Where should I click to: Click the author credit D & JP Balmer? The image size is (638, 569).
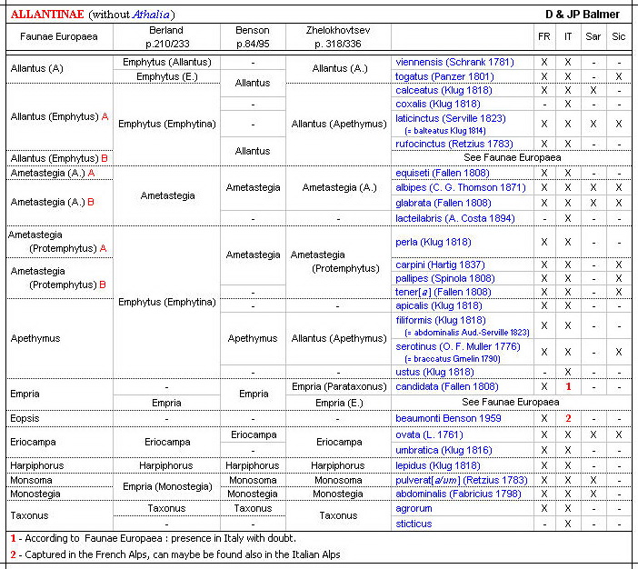pyautogui.click(x=583, y=14)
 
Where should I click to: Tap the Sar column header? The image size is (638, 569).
pyautogui.click(x=593, y=36)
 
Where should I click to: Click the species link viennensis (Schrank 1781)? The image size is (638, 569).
pyautogui.click(x=454, y=62)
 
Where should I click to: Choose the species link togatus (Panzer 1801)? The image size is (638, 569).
pyautogui.click(x=444, y=76)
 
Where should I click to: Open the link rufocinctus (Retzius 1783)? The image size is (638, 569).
pyautogui.click(x=455, y=144)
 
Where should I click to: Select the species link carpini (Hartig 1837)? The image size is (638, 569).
pyautogui.click(x=440, y=265)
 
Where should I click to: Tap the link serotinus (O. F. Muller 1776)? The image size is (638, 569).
pyautogui.click(x=459, y=346)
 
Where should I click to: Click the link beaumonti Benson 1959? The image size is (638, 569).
pyautogui.click(x=449, y=418)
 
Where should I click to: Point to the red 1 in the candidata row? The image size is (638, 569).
pyautogui.click(x=568, y=387)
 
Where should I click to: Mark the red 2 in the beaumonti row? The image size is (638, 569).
pyautogui.click(x=568, y=418)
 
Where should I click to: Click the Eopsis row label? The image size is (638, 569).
pyautogui.click(x=25, y=418)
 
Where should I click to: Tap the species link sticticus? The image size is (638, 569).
pyautogui.click(x=414, y=524)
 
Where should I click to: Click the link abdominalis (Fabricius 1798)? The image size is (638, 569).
pyautogui.click(x=458, y=494)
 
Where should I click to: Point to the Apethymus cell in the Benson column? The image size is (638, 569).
pyautogui.click(x=253, y=338)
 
